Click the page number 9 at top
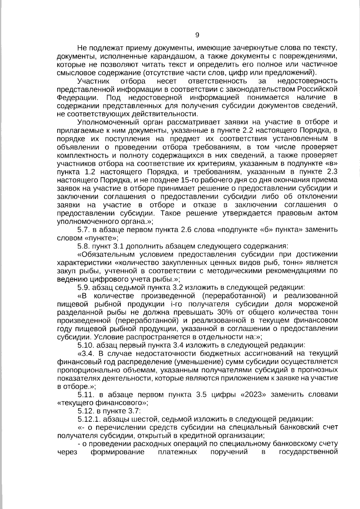point(197,35)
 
